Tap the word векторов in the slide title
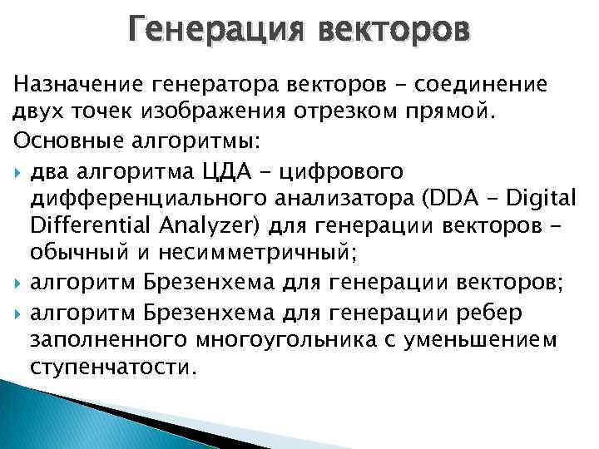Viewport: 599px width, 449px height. [x=394, y=31]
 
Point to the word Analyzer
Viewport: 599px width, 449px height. [x=180, y=228]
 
